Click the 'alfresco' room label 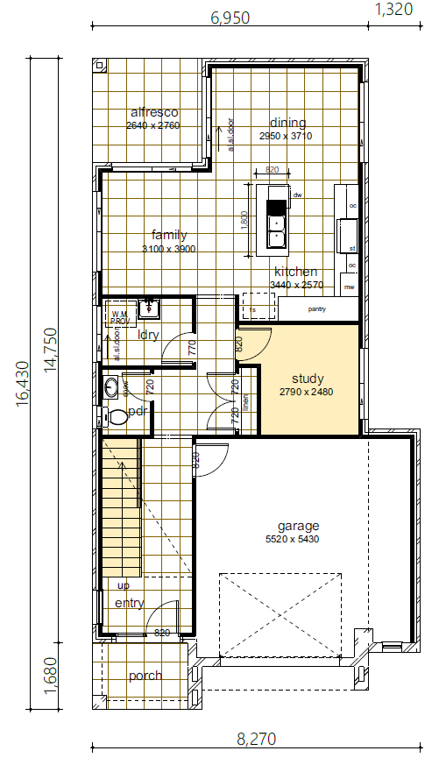coord(153,112)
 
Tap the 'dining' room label coord(287,123)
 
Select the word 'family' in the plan coord(169,235)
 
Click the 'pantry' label coord(317,309)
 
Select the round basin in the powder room coord(111,386)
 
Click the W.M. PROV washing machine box coord(119,317)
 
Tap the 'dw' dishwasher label coord(297,195)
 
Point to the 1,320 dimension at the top coord(393,10)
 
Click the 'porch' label coord(145,676)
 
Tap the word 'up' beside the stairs coord(124,585)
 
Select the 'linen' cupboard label coord(246,400)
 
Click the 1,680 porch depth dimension coord(50,676)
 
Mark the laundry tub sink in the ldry coord(151,308)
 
